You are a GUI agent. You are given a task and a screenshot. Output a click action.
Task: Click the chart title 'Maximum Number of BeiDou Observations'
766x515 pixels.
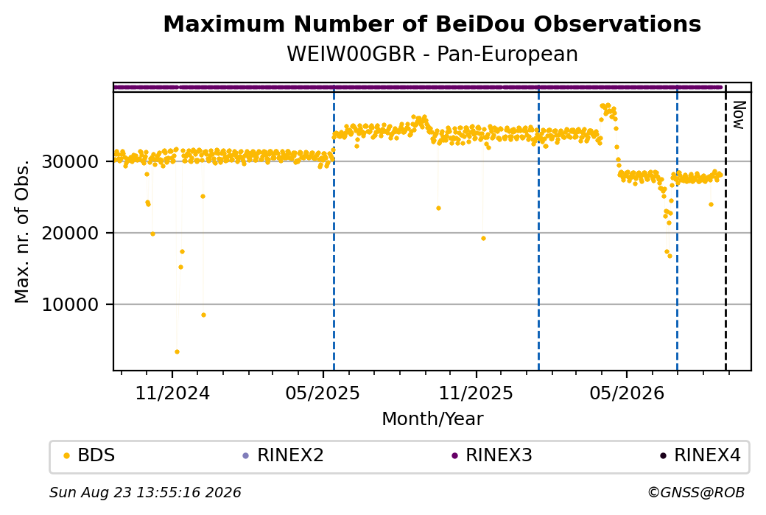click(x=432, y=24)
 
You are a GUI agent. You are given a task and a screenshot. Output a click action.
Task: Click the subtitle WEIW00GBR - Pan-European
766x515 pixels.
click(x=432, y=55)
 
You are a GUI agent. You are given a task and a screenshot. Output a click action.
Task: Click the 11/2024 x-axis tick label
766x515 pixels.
click(x=172, y=393)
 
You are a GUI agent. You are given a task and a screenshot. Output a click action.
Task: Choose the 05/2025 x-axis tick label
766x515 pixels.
click(x=323, y=393)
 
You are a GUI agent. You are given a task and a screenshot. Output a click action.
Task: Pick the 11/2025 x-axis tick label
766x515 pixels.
click(x=476, y=393)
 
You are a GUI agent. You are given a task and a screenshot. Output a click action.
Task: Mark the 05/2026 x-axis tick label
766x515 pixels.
click(x=627, y=393)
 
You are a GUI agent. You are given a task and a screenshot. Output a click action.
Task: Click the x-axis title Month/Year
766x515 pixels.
click(x=432, y=419)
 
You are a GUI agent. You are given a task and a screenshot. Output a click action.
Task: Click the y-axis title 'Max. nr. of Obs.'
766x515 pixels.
click(x=22, y=231)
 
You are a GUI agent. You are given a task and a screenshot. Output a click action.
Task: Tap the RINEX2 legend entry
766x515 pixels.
click(x=284, y=455)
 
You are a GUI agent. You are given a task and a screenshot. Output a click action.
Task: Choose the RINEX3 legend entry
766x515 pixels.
click(x=492, y=455)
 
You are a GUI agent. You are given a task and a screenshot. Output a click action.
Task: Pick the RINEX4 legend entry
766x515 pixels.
click(x=700, y=455)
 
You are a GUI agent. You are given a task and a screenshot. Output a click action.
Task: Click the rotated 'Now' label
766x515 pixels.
click(x=739, y=116)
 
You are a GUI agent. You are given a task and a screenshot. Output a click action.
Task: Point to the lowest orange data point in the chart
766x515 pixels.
click(x=177, y=351)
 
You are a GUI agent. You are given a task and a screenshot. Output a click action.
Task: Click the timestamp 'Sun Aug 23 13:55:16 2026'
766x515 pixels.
click(x=145, y=492)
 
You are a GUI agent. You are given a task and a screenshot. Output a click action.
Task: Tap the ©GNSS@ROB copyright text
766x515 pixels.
click(x=696, y=492)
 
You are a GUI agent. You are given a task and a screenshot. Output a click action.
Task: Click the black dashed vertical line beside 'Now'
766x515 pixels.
click(x=725, y=227)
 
